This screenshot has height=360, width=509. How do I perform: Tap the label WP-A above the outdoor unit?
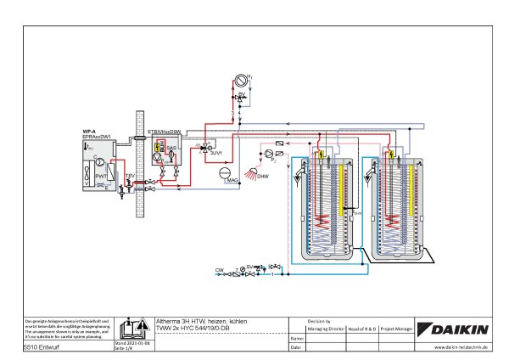87,131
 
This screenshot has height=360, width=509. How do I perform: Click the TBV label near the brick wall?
130,175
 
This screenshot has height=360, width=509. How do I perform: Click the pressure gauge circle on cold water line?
243,270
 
